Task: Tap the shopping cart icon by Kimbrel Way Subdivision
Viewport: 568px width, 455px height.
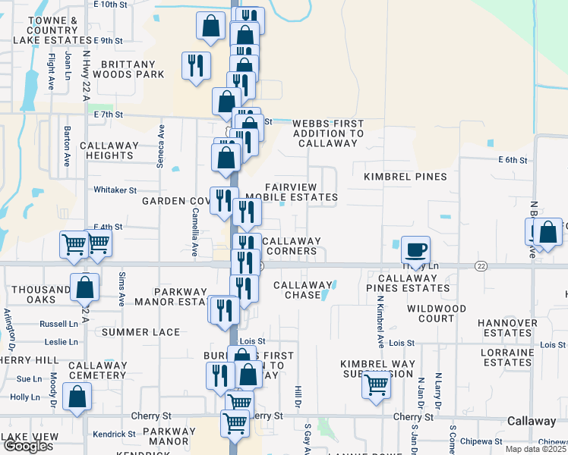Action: coord(377,384)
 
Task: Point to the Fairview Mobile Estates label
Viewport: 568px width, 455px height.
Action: coord(301,192)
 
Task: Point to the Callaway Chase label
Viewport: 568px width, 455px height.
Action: coord(303,290)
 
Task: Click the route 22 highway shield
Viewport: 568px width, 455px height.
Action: coord(481,265)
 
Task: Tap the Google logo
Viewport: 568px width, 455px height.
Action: coord(27,446)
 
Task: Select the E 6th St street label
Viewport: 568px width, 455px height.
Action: coord(512,159)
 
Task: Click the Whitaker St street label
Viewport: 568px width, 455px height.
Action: coord(115,190)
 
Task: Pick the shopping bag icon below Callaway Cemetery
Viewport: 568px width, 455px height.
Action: coord(77,397)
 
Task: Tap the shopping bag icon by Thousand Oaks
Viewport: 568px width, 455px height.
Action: coord(84,287)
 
